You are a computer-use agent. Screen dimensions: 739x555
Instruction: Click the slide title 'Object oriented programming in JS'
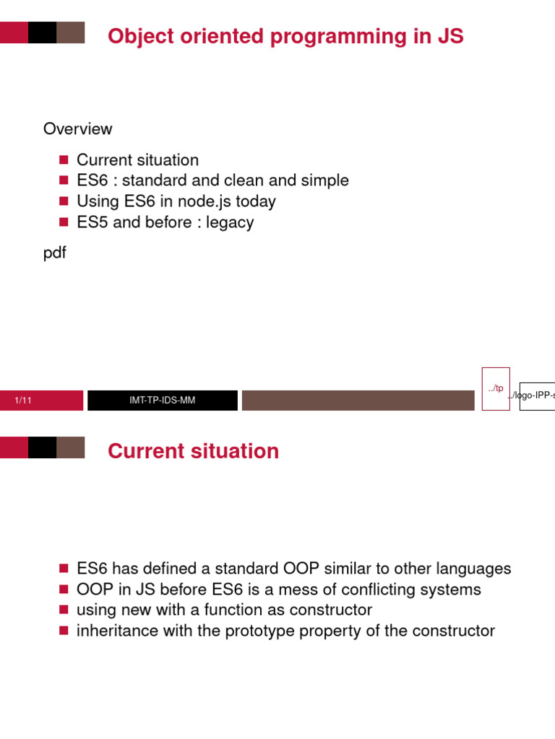click(x=285, y=36)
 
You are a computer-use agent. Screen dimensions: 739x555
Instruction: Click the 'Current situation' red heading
click(x=193, y=451)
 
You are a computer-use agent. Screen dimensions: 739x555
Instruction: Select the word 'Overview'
click(x=78, y=129)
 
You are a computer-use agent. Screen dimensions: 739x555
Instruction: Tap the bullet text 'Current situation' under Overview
click(x=137, y=160)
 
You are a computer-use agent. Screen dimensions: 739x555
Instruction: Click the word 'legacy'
click(x=230, y=222)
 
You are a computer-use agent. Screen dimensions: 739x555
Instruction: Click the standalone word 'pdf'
click(x=55, y=253)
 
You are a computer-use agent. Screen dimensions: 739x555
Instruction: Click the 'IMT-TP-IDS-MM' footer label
click(x=162, y=401)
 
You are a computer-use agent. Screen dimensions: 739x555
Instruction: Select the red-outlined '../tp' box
click(x=496, y=389)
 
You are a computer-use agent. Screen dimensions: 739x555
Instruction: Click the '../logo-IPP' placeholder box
click(x=537, y=396)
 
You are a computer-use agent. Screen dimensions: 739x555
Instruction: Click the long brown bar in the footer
click(x=358, y=401)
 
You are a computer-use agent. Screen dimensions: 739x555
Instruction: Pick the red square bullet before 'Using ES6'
click(x=63, y=201)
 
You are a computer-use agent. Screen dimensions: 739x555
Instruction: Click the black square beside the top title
click(x=42, y=32)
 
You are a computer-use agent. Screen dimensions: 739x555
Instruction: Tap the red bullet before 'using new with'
click(x=63, y=610)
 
